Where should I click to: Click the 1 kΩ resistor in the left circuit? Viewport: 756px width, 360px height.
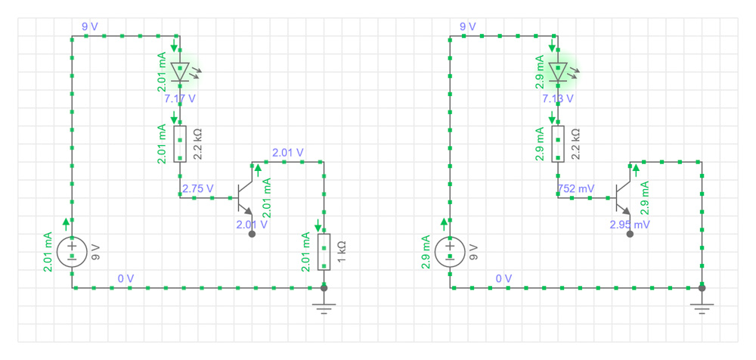click(324, 252)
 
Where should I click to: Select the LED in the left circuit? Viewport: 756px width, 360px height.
click(180, 72)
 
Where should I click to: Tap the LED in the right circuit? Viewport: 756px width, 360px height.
click(558, 72)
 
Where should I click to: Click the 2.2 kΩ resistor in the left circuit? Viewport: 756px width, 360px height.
click(180, 144)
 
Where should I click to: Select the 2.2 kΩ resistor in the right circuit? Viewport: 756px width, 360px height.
click(558, 144)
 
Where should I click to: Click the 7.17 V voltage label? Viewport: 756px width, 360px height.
click(180, 98)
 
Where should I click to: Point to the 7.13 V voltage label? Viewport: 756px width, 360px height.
click(558, 98)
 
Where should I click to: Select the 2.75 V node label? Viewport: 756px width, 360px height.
click(198, 188)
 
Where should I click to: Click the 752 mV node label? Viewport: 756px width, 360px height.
click(575, 188)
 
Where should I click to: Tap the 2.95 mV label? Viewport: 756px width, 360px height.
click(630, 225)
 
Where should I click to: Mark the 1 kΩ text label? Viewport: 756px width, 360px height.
click(342, 252)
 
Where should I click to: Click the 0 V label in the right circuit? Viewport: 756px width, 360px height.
click(503, 278)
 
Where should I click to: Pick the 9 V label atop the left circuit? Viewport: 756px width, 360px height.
click(90, 26)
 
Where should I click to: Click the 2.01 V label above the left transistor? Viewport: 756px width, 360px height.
click(288, 153)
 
